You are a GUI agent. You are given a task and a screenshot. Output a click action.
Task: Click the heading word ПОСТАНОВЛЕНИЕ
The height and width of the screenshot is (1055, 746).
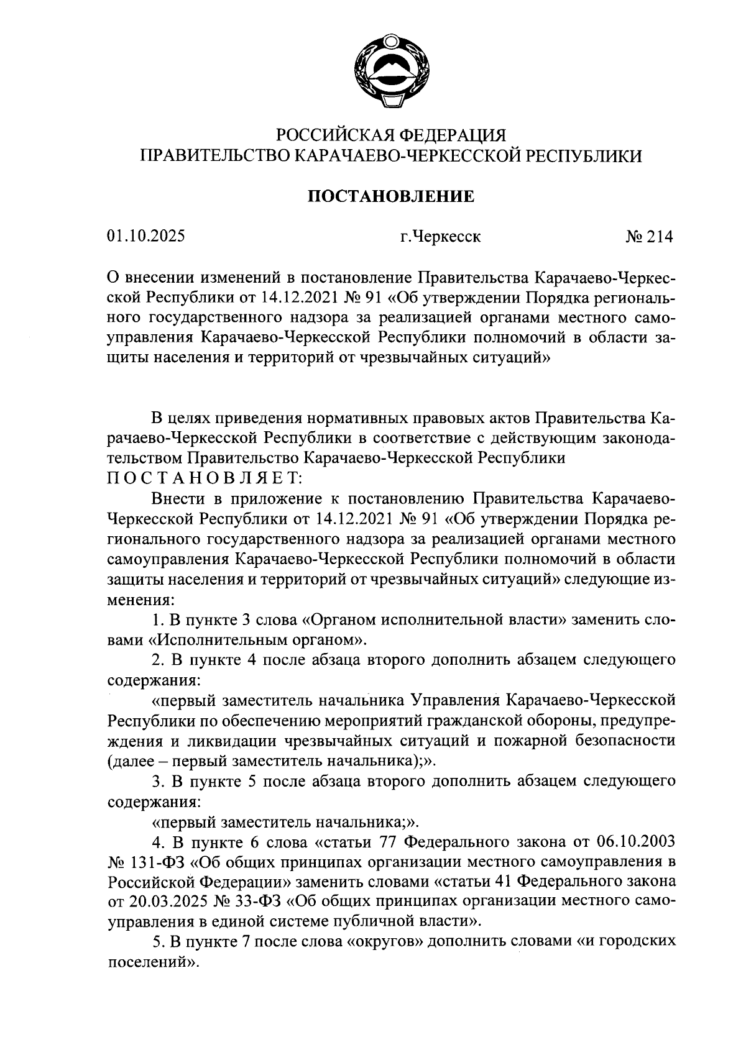click(392, 197)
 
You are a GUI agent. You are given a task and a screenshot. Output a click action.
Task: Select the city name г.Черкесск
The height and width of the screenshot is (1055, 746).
click(440, 237)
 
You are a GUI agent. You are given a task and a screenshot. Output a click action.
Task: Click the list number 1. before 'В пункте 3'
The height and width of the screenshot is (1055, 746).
click(158, 619)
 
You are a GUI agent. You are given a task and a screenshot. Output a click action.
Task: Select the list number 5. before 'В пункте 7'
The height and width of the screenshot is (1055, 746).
click(158, 941)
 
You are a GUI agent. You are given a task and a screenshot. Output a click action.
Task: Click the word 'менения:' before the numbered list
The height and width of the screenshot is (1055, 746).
click(140, 599)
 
